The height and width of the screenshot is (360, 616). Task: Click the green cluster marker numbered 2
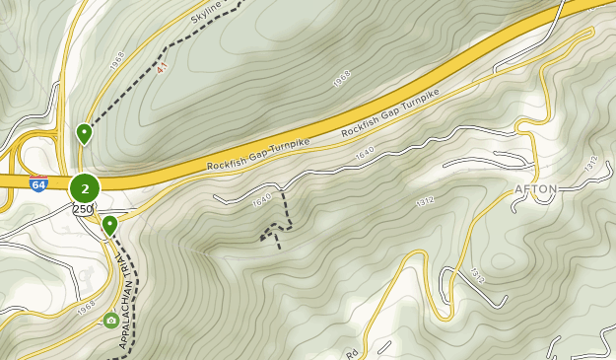pyautogui.click(x=86, y=187)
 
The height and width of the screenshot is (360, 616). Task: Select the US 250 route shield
pyautogui.click(x=84, y=209)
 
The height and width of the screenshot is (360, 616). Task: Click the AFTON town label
pyautogui.click(x=536, y=189)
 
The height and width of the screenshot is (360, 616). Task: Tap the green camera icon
pyautogui.click(x=110, y=321)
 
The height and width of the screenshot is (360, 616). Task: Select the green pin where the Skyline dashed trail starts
pyautogui.click(x=85, y=132)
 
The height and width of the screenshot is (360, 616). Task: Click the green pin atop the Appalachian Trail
pyautogui.click(x=109, y=226)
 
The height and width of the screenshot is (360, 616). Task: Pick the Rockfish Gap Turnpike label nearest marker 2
pyautogui.click(x=258, y=154)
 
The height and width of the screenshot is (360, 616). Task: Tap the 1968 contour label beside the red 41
pyautogui.click(x=119, y=62)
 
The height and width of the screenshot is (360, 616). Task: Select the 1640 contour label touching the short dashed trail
pyautogui.click(x=261, y=200)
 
